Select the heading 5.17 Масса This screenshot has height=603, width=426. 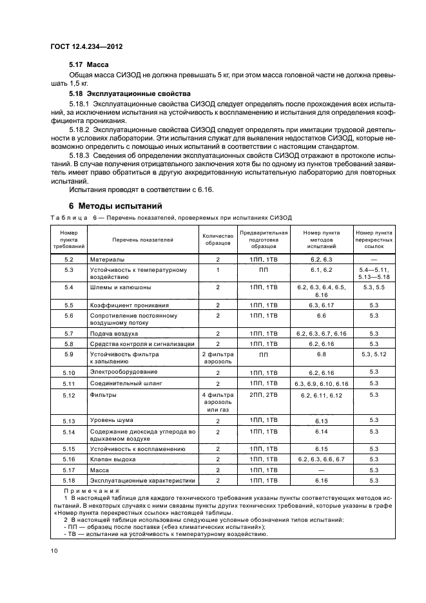(x=88, y=66)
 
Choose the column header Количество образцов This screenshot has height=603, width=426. (x=217, y=240)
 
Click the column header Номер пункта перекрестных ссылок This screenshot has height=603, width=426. (x=373, y=240)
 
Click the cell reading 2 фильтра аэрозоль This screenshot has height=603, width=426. (x=217, y=358)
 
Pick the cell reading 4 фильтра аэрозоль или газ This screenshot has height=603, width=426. (x=217, y=402)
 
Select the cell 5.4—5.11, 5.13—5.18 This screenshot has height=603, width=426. (x=373, y=273)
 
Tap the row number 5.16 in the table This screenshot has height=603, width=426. (x=69, y=459)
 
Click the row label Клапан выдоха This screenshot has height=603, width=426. (x=113, y=459)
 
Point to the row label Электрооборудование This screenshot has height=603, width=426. (x=122, y=373)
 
